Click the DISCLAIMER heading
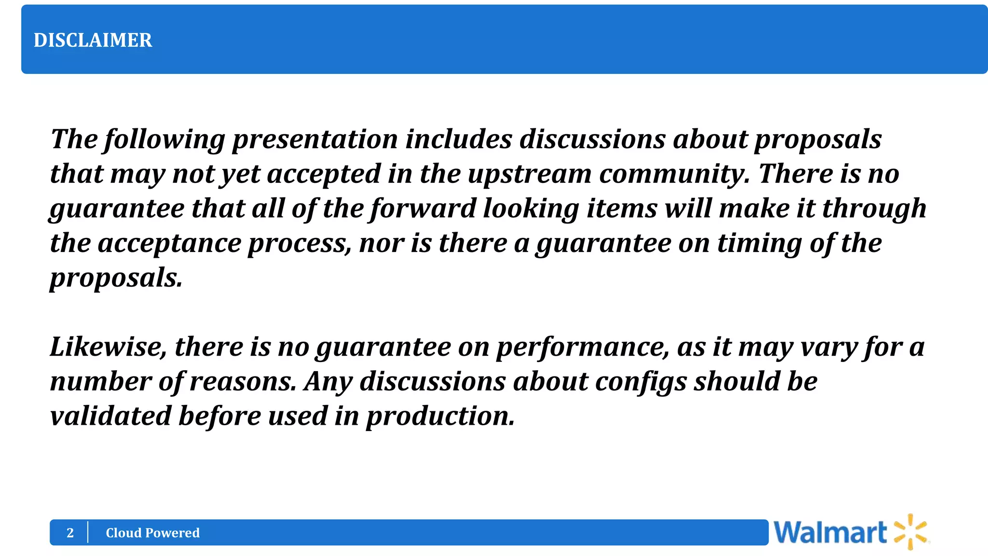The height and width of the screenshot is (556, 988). [93, 40]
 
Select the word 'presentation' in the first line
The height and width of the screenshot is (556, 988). [315, 139]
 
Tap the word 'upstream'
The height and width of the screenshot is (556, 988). [529, 174]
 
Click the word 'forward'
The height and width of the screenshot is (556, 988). [423, 209]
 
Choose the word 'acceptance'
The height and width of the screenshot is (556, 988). [169, 244]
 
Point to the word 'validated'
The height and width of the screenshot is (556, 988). [110, 416]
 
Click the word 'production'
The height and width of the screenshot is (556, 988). [440, 416]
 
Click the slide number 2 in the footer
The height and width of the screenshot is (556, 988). [70, 533]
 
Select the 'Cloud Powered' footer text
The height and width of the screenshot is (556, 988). [152, 533]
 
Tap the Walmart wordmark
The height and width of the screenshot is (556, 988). [830, 533]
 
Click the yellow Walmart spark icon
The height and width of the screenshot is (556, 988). [910, 532]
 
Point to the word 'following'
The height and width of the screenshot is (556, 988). [165, 139]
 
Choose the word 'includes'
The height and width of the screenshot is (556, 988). [458, 139]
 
